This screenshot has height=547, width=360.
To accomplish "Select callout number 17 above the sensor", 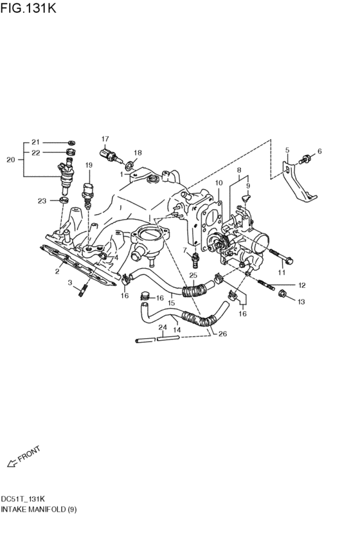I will tap(105, 139).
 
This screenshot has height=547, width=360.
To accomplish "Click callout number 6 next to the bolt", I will tap(319, 151).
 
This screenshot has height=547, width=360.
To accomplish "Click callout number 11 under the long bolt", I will tap(280, 273).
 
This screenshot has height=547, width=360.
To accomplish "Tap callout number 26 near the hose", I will tap(222, 334).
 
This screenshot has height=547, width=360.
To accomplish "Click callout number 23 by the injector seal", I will tap(42, 201).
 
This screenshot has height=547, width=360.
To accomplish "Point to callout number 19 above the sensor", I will tap(89, 166).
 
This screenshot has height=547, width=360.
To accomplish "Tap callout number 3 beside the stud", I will tap(71, 282).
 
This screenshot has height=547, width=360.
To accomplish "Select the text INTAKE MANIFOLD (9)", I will tap(39, 509).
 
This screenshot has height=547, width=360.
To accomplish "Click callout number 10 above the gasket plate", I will tap(218, 183).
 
